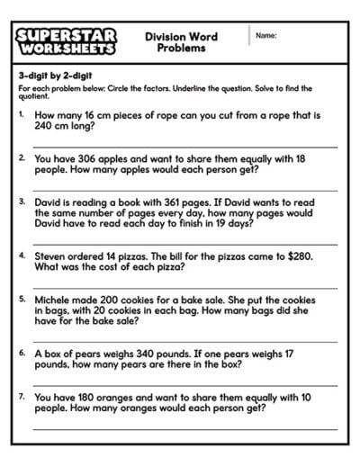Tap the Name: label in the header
pyautogui.click(x=265, y=35)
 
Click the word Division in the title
pyautogui.click(x=161, y=36)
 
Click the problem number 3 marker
pyautogui.click(x=22, y=202)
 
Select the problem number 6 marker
pyautogui.click(x=22, y=354)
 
